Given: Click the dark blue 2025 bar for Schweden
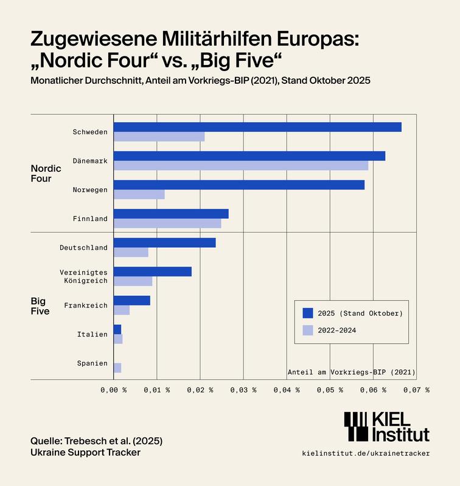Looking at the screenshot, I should pyautogui.click(x=257, y=127).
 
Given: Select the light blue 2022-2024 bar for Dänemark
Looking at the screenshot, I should pyautogui.click(x=241, y=165).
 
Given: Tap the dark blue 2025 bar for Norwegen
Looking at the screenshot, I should pyautogui.click(x=239, y=185).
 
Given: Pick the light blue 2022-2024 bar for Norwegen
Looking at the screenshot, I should pyautogui.click(x=139, y=194).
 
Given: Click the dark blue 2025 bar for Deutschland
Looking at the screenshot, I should pyautogui.click(x=165, y=242).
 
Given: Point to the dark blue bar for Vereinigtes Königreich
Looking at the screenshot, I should pyautogui.click(x=153, y=272).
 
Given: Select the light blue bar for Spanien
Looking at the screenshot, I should pyautogui.click(x=117, y=368).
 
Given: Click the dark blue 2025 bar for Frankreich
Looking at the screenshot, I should pyautogui.click(x=132, y=300).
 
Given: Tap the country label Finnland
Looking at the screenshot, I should pyautogui.click(x=90, y=219).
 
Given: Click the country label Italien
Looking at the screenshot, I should pyautogui.click(x=92, y=334).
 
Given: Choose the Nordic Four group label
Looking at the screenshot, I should pyautogui.click(x=46, y=173).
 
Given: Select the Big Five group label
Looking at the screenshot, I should pyautogui.click(x=40, y=306).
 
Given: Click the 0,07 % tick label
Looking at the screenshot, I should pyautogui.click(x=417, y=390).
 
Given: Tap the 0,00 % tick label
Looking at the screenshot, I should pyautogui.click(x=114, y=390).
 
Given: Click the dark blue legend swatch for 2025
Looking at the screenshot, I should pyautogui.click(x=308, y=313).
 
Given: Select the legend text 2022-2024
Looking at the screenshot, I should pyautogui.click(x=338, y=330).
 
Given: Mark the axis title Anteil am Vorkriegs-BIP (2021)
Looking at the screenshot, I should pyautogui.click(x=350, y=372).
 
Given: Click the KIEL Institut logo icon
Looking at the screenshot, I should pyautogui.click(x=357, y=426).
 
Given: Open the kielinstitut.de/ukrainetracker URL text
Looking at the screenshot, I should pyautogui.click(x=365, y=453).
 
